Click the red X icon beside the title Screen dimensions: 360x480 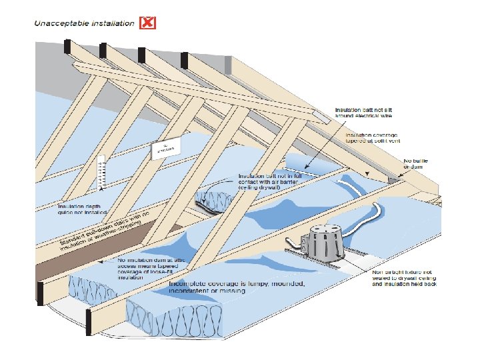coord(149,23)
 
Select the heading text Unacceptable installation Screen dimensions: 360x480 coord(85,23)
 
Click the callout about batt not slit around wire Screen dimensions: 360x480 coord(364,112)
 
